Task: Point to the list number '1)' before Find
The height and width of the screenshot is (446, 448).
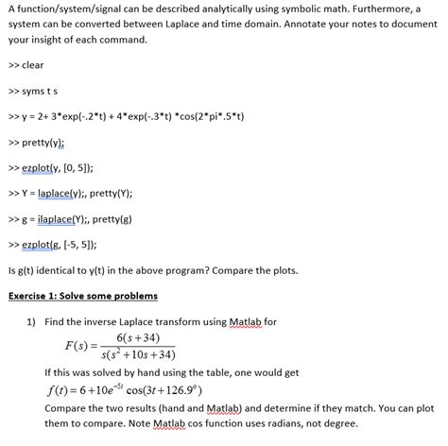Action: pos(30,321)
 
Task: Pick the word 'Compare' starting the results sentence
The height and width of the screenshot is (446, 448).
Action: pos(71,406)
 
